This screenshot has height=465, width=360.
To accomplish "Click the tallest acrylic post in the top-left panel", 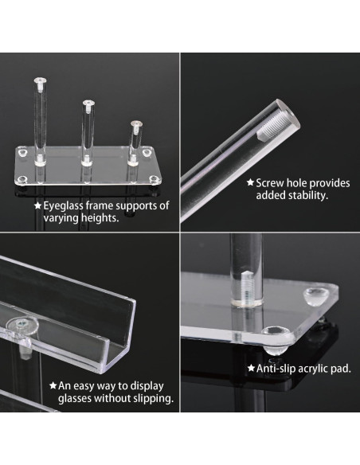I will click(x=39, y=115).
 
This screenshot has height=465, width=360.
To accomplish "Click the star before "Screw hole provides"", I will click(x=249, y=182).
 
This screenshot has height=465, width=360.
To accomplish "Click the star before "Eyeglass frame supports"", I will click(x=37, y=205).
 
